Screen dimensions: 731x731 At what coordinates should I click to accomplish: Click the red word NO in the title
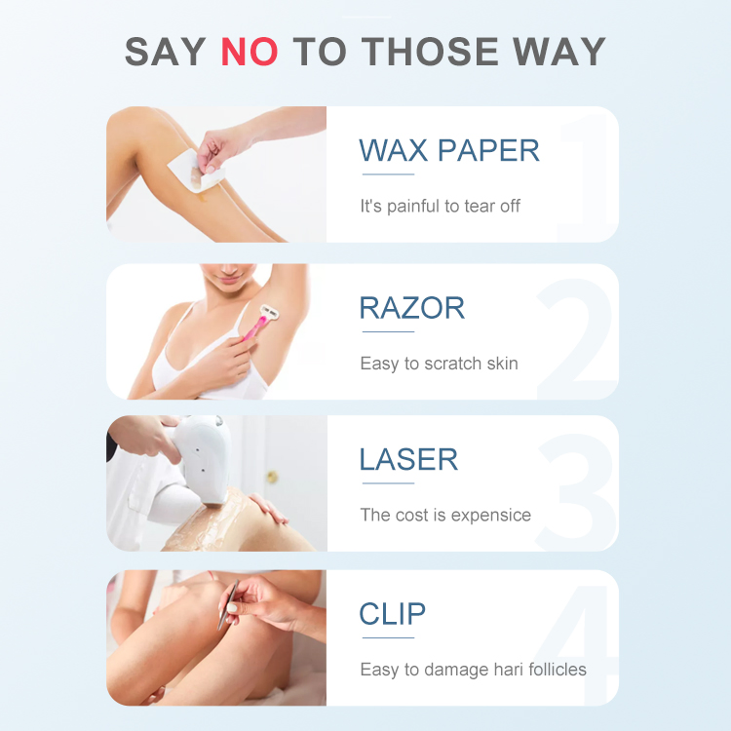[x=250, y=51]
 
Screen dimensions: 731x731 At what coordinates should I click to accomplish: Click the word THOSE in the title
[x=431, y=51]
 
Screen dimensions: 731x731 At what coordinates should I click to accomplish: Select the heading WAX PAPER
[x=449, y=151]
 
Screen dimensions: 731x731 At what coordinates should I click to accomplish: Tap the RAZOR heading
[x=412, y=308]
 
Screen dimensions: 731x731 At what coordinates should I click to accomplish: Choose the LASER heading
[x=408, y=459]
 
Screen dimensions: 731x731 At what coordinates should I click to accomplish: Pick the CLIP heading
[x=393, y=614]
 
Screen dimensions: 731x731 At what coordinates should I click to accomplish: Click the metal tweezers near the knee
[x=230, y=604]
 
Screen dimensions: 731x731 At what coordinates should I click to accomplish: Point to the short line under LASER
[x=388, y=481]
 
